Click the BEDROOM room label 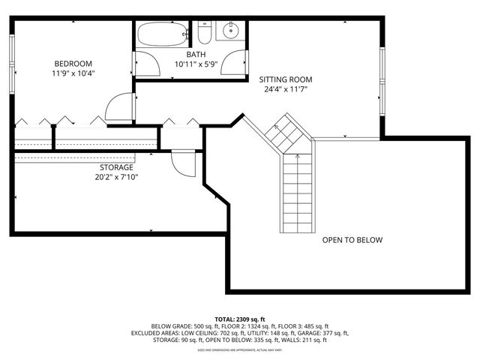(x=73, y=63)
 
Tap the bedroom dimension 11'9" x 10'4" (x=73, y=73)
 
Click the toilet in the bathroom (x=205, y=32)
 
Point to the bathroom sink (x=230, y=32)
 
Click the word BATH (x=196, y=55)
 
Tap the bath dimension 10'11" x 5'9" (x=196, y=65)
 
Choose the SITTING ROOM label (x=286, y=79)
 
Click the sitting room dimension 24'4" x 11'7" (x=286, y=90)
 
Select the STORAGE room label (x=116, y=167)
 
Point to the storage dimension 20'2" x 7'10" (x=116, y=178)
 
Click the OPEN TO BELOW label (x=352, y=240)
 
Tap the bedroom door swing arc (x=118, y=109)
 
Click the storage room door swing (x=183, y=163)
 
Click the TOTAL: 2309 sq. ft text (x=241, y=319)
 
